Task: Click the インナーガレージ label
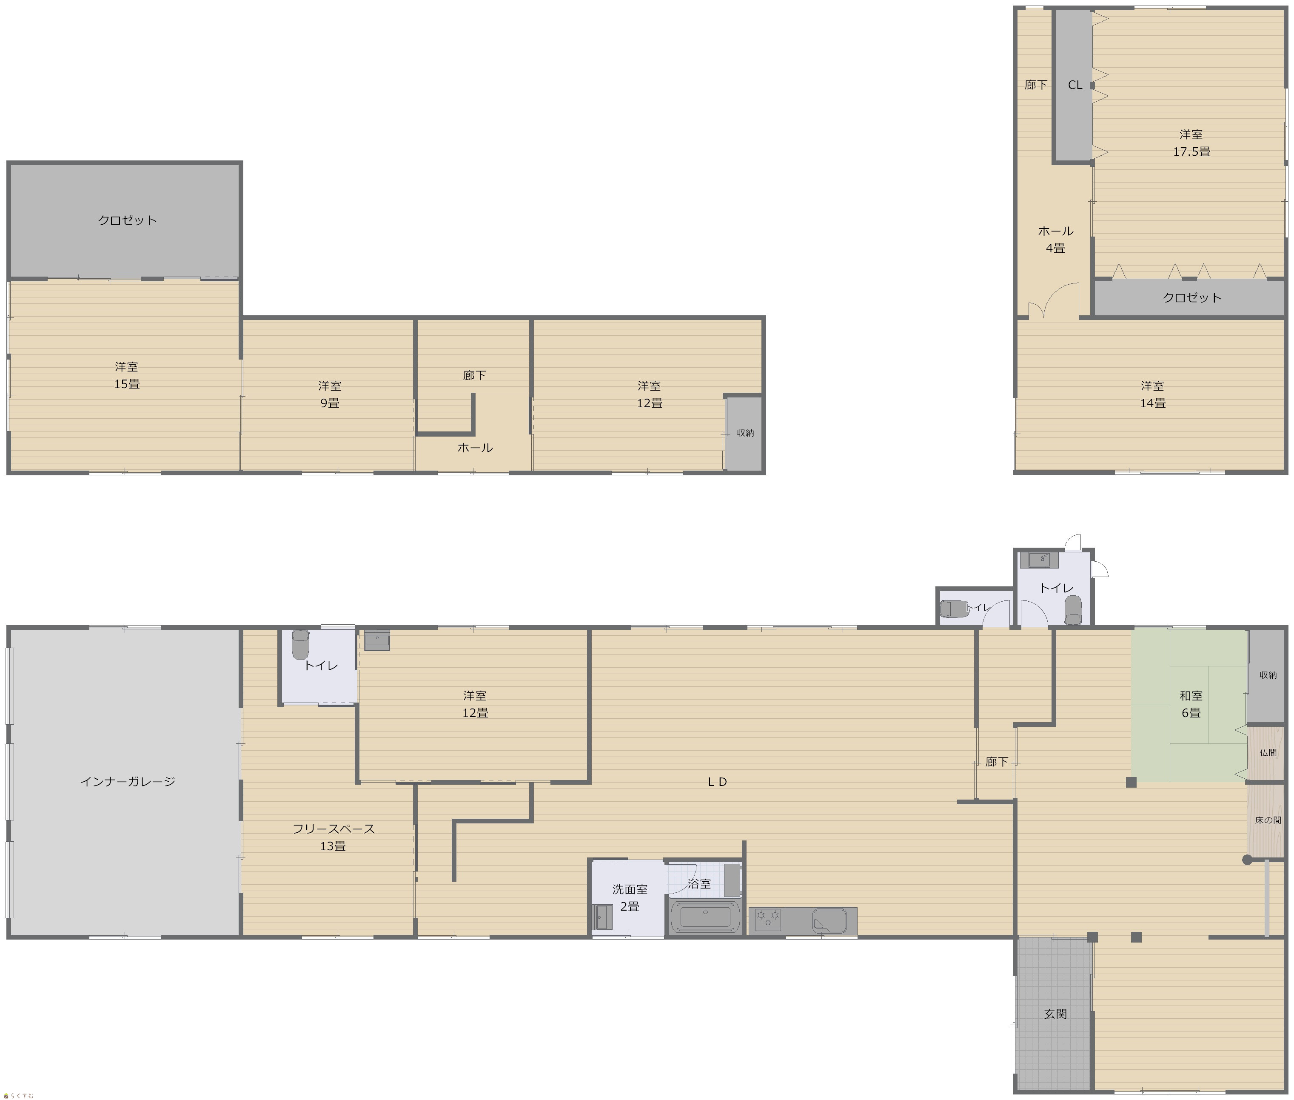click(128, 781)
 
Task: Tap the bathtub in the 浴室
click(705, 917)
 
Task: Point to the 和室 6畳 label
click(1191, 704)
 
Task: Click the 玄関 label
click(1055, 1014)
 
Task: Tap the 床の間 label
click(1268, 820)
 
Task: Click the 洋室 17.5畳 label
click(1191, 143)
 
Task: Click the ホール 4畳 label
click(1055, 240)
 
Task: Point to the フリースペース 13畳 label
click(333, 837)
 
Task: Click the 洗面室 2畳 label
click(630, 898)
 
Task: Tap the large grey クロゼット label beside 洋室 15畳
click(127, 220)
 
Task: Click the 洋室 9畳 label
click(329, 394)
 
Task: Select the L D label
click(718, 781)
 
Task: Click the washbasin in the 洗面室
click(602, 917)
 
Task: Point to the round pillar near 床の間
click(1247, 860)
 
